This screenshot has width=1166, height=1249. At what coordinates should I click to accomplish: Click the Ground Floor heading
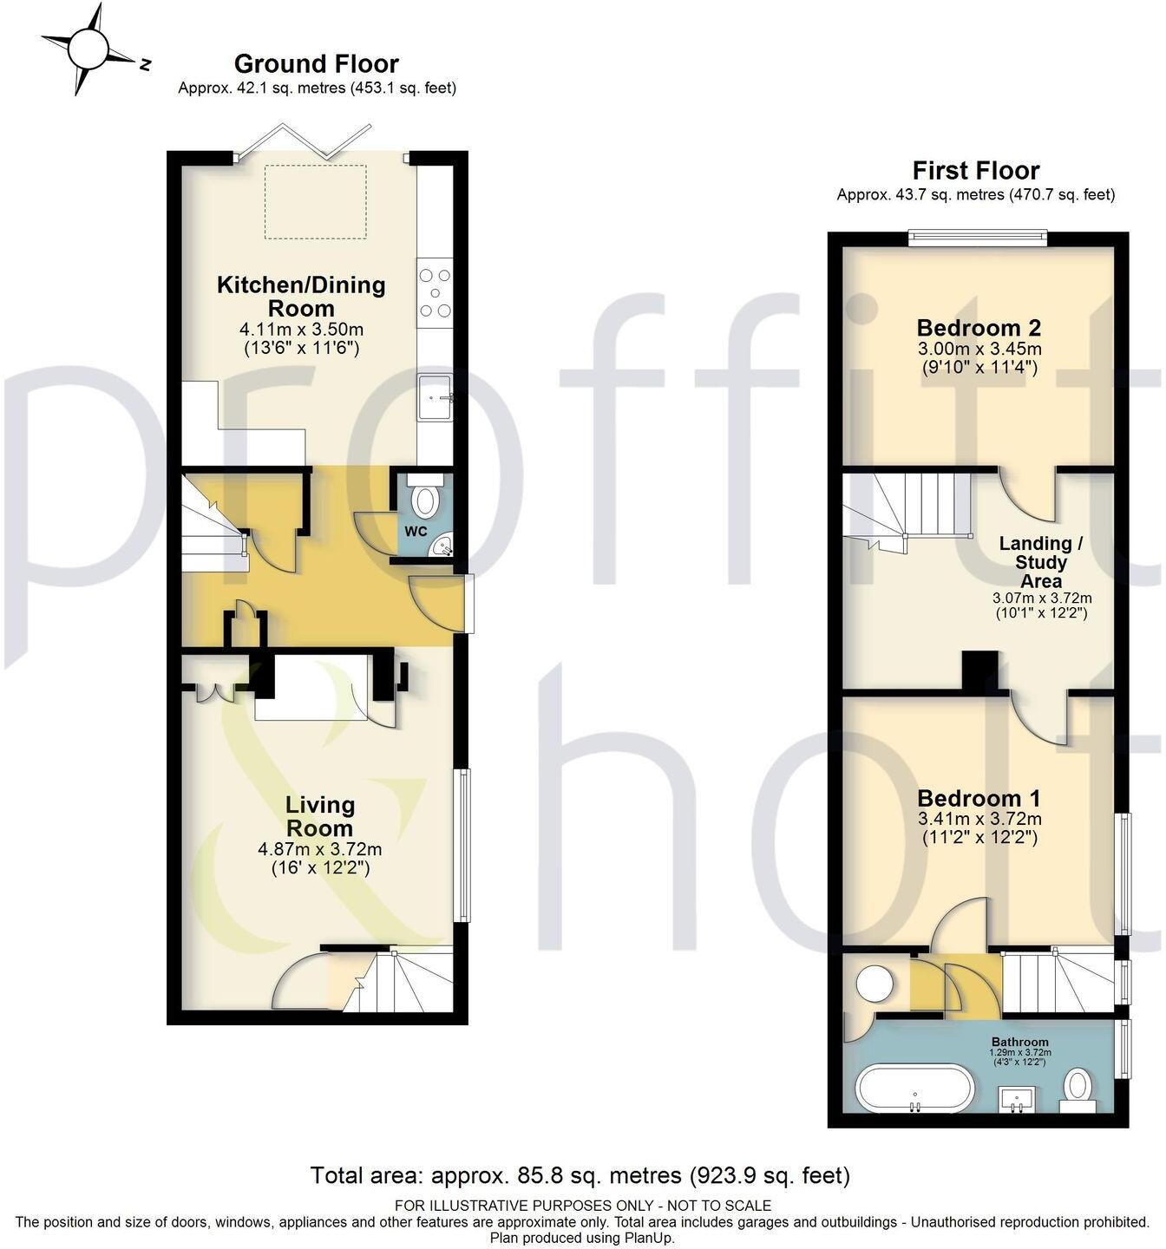tap(317, 63)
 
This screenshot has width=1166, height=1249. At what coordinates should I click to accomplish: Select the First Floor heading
tap(976, 170)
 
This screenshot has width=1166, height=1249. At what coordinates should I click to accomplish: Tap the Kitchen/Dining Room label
tap(301, 296)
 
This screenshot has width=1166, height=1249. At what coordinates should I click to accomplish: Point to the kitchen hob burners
tap(435, 292)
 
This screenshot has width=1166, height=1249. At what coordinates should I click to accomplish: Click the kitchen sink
tap(436, 396)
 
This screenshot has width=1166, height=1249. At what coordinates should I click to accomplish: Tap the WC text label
tap(416, 531)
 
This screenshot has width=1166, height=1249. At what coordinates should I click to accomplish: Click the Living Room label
tap(320, 816)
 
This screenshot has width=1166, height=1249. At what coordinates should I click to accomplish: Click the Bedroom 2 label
tap(979, 328)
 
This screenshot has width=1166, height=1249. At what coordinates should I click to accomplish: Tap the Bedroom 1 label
tap(979, 798)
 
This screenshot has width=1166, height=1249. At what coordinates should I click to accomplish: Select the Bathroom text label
tap(1020, 1042)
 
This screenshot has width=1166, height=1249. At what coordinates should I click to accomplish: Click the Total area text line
tap(580, 1175)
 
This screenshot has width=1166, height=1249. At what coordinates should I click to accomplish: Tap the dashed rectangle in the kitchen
tap(316, 200)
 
